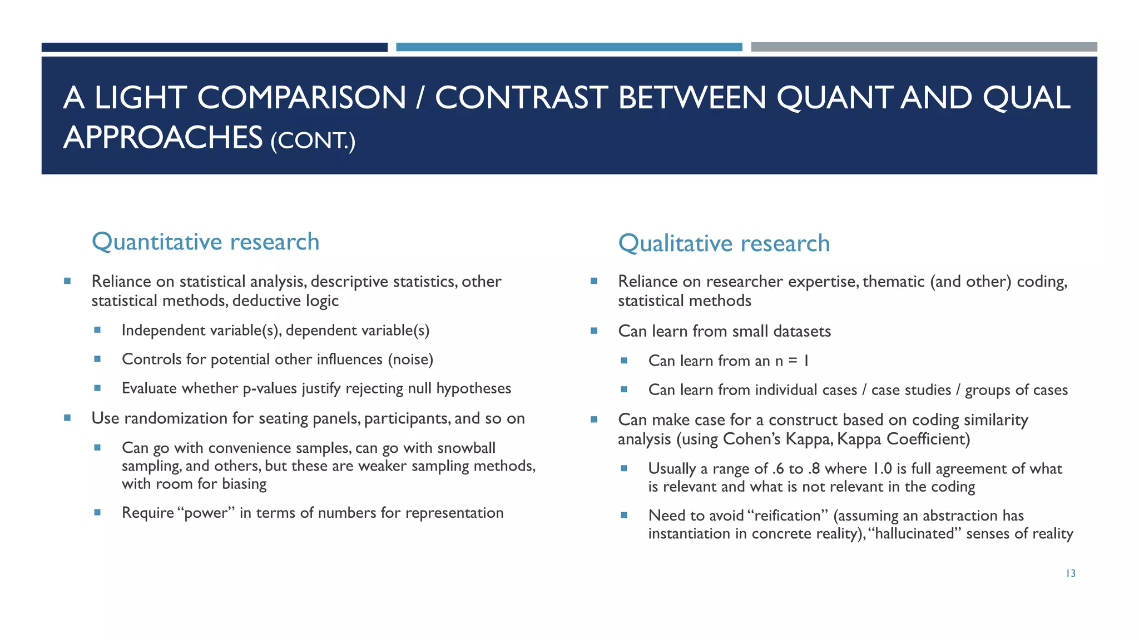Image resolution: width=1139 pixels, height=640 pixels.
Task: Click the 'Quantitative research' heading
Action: (x=205, y=242)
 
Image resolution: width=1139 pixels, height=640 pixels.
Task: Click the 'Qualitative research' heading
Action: (x=724, y=244)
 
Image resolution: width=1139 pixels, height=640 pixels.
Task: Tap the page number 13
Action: (x=1071, y=573)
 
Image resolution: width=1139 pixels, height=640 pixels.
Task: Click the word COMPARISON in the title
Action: (x=301, y=98)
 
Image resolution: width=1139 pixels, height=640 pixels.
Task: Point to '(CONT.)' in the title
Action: (x=313, y=140)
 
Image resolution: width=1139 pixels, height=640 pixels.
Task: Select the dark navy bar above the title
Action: (x=214, y=47)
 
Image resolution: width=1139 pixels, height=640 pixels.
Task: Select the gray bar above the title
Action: (x=924, y=47)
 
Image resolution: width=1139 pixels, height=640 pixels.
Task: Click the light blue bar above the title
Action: (x=569, y=47)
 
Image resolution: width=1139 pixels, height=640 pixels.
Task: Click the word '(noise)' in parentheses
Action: (x=410, y=359)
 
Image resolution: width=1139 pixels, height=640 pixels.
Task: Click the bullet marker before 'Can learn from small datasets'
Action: (x=594, y=331)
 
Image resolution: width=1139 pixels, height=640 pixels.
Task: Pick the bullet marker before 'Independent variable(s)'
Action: (x=97, y=330)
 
